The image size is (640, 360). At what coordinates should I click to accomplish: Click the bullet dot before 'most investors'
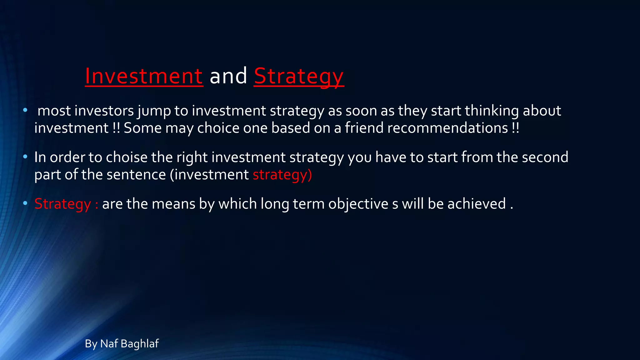pos(25,110)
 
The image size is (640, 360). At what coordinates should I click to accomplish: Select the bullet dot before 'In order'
pos(25,157)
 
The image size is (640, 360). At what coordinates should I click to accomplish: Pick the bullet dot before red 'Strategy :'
pos(25,203)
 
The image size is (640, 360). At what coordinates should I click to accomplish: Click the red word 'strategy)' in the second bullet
pos(282,174)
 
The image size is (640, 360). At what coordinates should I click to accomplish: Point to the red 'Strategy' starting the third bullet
pos(62,204)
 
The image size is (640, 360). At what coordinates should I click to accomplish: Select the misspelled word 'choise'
pos(127,157)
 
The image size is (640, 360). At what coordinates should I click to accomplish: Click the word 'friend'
pos(364,128)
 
